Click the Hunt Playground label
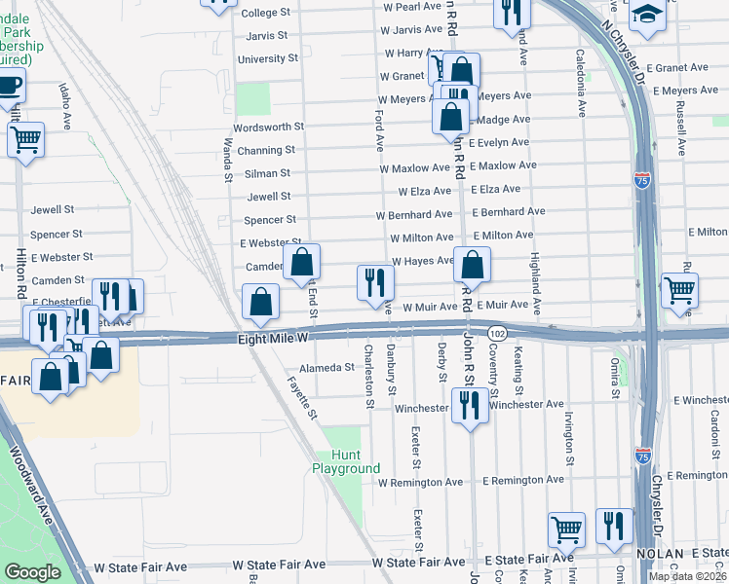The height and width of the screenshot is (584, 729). [x=346, y=461]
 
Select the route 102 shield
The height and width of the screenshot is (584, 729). [x=497, y=332]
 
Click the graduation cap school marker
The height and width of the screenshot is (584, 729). [x=646, y=14]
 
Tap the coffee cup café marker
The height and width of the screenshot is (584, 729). [x=10, y=85]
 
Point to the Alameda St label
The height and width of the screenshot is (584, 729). [x=326, y=368]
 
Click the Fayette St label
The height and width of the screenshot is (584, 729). [x=302, y=400]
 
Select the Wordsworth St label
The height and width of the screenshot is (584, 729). [x=269, y=127]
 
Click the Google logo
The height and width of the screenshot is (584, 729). [x=32, y=572]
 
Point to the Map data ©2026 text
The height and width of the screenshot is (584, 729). [x=687, y=576]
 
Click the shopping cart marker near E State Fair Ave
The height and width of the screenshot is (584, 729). [x=566, y=529]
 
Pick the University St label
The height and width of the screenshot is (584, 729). [x=268, y=58]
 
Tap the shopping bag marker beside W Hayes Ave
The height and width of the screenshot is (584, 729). [x=472, y=264]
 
